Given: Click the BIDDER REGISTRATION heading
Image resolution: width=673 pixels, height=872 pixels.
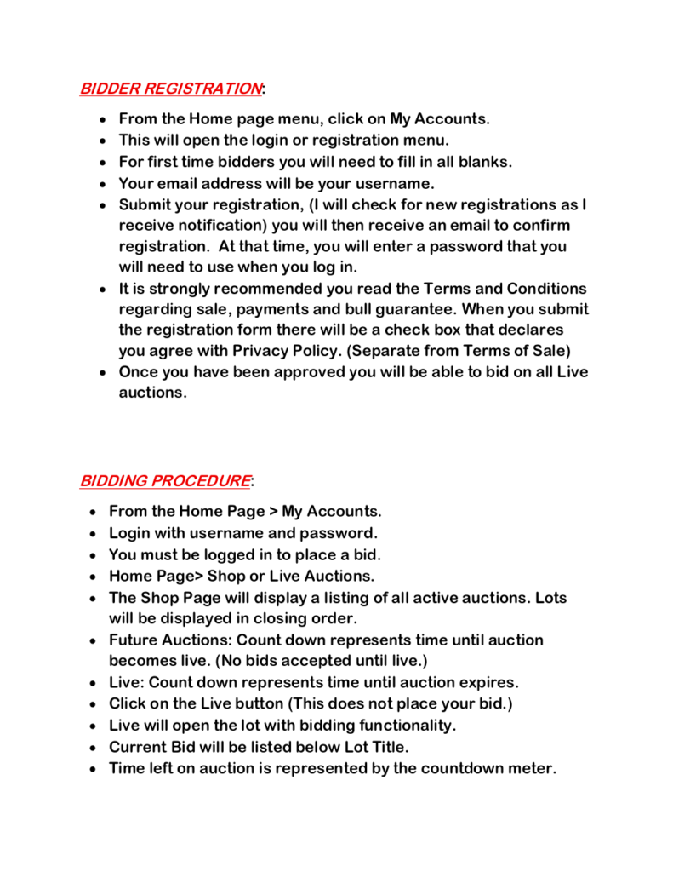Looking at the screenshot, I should tap(170, 89).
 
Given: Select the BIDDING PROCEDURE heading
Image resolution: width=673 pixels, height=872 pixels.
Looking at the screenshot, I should tap(165, 481).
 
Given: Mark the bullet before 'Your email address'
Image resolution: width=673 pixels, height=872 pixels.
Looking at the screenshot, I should tap(102, 184).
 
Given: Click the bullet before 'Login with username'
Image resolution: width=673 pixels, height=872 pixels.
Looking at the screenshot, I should tap(92, 534).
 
